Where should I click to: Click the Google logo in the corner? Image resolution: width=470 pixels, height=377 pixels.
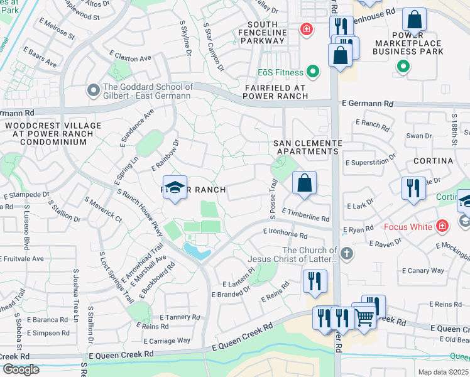[21, 369]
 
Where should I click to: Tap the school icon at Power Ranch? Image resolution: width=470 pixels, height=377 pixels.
[175, 188]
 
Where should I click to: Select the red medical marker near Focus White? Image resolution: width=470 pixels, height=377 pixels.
[442, 225]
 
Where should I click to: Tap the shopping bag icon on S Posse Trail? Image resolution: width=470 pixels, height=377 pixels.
[304, 183]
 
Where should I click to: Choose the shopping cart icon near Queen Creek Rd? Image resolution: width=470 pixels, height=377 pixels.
[364, 318]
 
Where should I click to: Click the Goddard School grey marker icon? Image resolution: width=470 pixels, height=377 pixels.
[94, 91]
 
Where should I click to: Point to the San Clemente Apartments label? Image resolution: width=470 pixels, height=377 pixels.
[307, 147]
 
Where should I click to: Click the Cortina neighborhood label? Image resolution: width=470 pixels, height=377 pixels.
[434, 161]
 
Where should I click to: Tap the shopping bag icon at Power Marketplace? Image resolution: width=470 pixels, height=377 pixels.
[414, 20]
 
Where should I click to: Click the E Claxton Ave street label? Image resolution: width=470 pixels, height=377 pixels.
[130, 57]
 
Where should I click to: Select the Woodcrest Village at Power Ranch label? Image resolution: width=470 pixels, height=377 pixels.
[52, 134]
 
